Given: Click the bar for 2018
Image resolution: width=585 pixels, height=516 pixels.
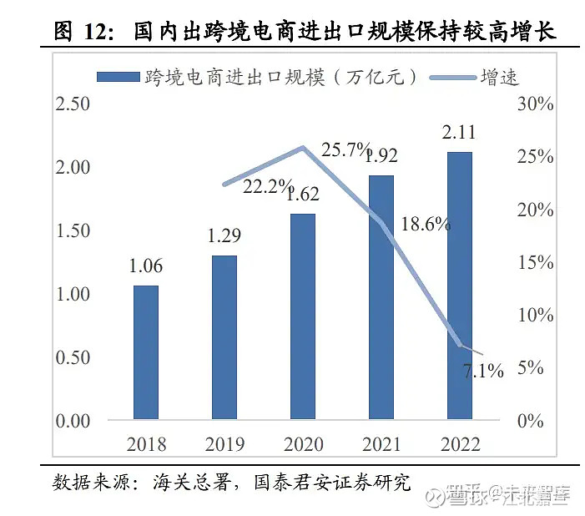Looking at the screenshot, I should coord(145,352).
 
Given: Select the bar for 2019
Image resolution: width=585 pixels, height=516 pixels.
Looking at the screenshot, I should coord(224,336).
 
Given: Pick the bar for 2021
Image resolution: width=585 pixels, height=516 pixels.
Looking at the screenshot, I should coord(381,296).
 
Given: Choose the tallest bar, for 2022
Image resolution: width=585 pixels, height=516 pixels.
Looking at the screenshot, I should coord(459,285).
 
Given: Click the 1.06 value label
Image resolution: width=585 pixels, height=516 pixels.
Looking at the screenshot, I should coord(145,267).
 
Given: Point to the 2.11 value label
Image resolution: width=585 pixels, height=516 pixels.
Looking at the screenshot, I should coord(459,131).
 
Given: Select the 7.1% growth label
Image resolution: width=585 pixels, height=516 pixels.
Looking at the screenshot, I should coord(483,371).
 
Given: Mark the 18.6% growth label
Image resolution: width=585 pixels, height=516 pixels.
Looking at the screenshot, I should coord(426,224).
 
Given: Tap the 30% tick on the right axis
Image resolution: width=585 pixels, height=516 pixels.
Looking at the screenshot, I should coord(535,104).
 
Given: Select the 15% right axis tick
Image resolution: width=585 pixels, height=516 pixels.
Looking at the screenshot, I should coord(535,262).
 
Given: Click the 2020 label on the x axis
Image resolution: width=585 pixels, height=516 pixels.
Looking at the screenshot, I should coord(302,443).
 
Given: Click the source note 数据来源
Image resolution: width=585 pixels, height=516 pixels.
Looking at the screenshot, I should coord(90,482).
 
